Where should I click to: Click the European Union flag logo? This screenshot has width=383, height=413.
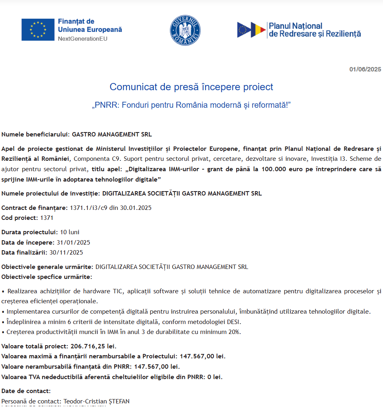click(x=38, y=30)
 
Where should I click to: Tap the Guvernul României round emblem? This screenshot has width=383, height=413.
click(x=185, y=30)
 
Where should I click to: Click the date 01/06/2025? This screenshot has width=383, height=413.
click(x=365, y=69)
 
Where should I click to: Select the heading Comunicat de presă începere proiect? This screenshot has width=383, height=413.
click(x=191, y=87)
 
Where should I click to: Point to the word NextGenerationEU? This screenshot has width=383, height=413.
click(x=83, y=39)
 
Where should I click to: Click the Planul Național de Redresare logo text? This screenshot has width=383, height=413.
click(x=314, y=30)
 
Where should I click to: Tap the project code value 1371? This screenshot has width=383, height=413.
click(x=47, y=218)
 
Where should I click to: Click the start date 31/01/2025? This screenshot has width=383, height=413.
click(x=73, y=243)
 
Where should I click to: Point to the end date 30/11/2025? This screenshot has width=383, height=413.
click(x=66, y=252)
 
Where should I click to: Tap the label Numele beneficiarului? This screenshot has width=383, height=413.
click(x=36, y=134)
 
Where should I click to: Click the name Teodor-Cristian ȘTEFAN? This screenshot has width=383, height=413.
click(x=96, y=401)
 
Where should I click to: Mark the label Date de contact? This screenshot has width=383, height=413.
click(x=26, y=391)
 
